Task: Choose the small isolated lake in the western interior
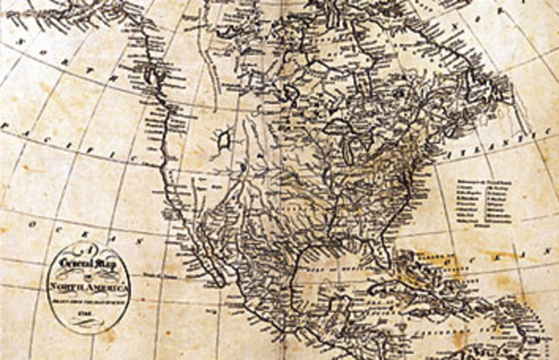tap(224, 136)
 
